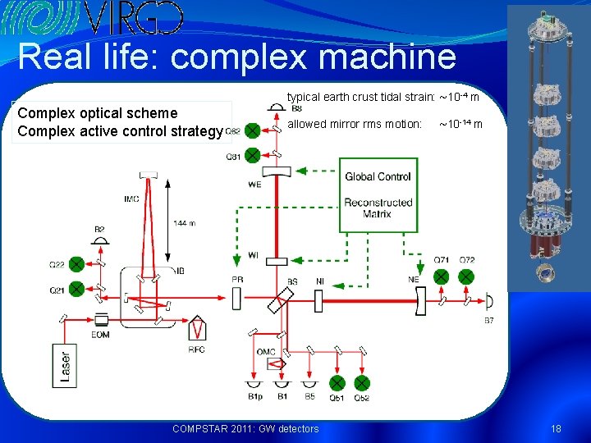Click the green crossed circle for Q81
[252, 155]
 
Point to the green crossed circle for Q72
[465, 276]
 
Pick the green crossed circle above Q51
[337, 383]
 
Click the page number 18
[556, 428]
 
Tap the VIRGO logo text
[132, 17]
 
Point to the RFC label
[196, 350]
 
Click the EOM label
[102, 335]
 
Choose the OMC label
[266, 351]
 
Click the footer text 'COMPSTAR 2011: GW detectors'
[245, 428]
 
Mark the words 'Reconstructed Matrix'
[377, 208]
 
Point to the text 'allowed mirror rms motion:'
[354, 124]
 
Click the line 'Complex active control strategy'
[120, 131]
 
